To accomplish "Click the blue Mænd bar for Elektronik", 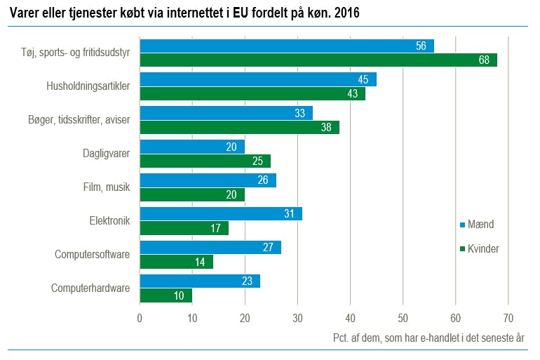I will (221, 213).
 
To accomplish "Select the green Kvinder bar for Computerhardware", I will (166, 295).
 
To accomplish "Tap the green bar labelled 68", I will (318, 60).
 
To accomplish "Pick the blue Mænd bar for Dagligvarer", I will (192, 147).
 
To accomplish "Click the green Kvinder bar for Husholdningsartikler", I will (252, 93).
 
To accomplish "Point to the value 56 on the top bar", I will (421, 46).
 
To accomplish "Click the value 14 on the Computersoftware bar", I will (201, 262).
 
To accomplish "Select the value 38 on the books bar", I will (327, 127).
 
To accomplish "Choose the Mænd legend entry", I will (476, 225).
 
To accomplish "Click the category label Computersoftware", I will (93, 254).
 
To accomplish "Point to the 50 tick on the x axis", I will (403, 318).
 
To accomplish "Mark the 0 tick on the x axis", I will (140, 318).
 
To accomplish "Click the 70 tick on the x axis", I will (508, 318).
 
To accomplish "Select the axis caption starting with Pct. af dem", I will (428, 338).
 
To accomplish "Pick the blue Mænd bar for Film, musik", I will (208, 180).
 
